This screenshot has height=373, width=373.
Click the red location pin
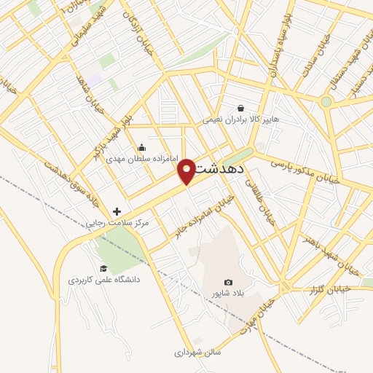[x=187, y=170]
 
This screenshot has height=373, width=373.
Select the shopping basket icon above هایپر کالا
[x=241, y=108]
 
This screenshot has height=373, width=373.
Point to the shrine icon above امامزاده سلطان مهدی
[x=141, y=147]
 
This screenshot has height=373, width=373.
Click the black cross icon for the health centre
[x=117, y=211]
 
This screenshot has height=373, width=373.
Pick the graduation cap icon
[x=103, y=268]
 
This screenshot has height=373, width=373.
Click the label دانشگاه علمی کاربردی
[x=104, y=279]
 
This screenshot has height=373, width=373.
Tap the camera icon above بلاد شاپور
[x=228, y=282]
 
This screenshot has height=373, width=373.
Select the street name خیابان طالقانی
[x=265, y=205]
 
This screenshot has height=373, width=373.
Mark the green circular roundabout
[x=326, y=102]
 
